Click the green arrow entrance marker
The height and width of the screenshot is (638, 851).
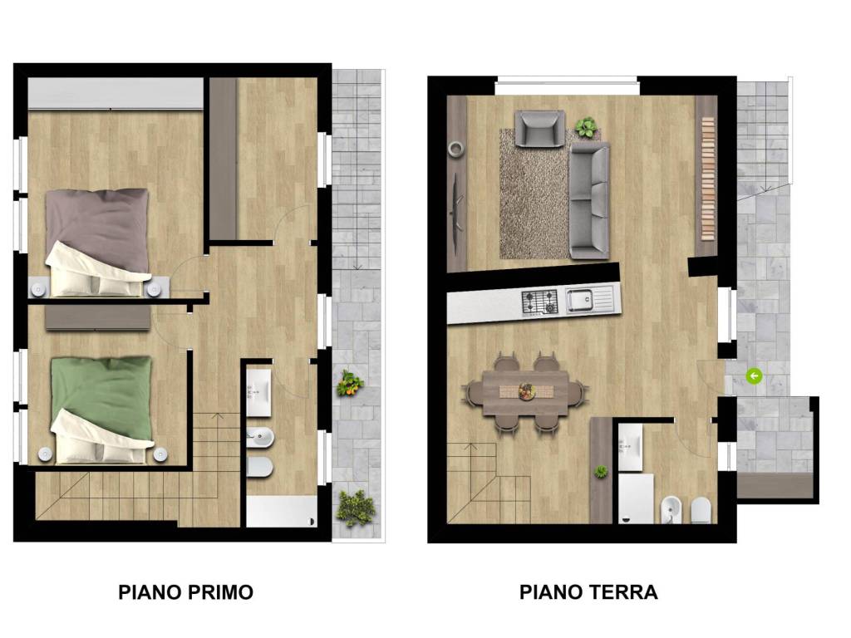754,376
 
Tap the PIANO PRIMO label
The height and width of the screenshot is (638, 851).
185,592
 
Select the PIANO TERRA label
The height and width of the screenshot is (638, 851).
588,592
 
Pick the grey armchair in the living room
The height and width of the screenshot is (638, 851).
539,128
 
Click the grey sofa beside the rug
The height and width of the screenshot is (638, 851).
589,200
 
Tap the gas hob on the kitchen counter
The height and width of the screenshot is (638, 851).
539,301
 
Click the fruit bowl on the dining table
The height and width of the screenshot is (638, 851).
527,391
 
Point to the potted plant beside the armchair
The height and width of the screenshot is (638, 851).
586,127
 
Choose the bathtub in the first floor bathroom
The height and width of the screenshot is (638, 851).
282,510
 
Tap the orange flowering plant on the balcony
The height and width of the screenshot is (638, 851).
350,384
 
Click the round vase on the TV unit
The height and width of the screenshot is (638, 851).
455,149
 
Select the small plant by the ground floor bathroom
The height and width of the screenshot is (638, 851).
601,472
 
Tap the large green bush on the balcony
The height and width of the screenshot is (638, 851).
355,507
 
